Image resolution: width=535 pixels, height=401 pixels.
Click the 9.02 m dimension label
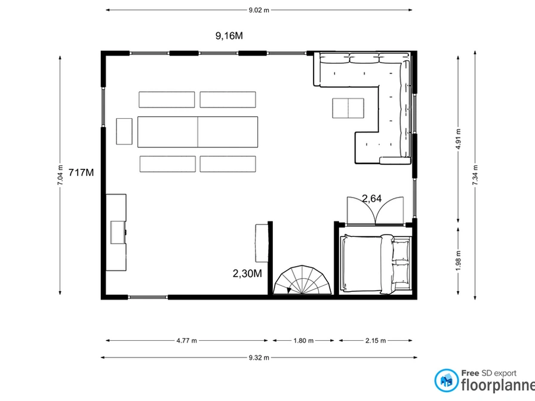259,10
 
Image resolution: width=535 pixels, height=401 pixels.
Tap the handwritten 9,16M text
229,36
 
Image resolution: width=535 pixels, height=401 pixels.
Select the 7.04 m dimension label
60,175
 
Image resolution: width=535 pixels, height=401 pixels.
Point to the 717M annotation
81,172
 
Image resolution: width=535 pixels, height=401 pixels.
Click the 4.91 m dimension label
458,139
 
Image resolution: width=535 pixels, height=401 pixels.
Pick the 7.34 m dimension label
475,175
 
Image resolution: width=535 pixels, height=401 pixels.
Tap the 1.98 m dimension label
458,261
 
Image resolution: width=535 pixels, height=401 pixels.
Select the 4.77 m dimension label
187,340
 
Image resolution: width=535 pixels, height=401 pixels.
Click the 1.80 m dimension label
303,340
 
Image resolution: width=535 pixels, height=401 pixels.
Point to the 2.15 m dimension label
376,340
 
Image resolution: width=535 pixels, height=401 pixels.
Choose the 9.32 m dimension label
259,357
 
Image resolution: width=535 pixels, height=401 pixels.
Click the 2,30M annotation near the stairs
247,273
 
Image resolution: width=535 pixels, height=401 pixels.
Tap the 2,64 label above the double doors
371,199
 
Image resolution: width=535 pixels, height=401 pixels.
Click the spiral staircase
302,280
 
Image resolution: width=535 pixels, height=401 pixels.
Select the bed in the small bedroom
376,264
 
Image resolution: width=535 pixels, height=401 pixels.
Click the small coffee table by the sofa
348,108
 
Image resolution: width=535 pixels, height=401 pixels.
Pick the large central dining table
198,132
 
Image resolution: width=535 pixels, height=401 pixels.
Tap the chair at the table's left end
124,131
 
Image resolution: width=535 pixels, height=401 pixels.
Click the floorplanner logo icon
446,381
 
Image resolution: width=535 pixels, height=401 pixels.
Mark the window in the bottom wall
147,297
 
